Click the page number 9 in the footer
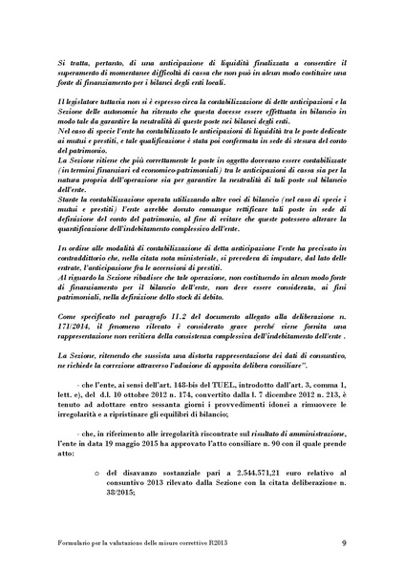[369, 543]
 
